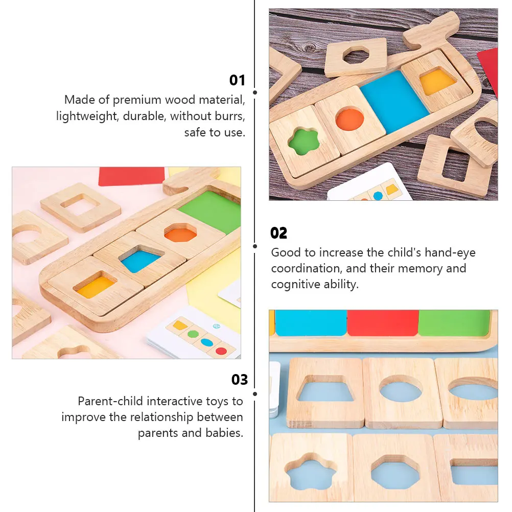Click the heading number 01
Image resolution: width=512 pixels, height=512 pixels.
pos(237,80)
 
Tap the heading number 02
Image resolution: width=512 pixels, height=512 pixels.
pos(279,233)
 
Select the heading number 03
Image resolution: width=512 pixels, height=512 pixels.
pos(240,380)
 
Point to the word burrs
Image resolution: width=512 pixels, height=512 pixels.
pos(228,116)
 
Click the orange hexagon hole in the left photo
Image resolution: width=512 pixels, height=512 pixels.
pos(180,234)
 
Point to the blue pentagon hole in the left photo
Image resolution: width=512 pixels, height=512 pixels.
pos(141,260)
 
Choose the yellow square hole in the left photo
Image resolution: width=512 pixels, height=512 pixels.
pos(96,287)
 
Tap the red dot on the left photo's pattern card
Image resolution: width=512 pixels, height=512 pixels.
pos(221,351)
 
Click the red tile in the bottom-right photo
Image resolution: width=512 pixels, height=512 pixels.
pos(382,323)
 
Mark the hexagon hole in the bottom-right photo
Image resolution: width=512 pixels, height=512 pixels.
pos(395,470)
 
